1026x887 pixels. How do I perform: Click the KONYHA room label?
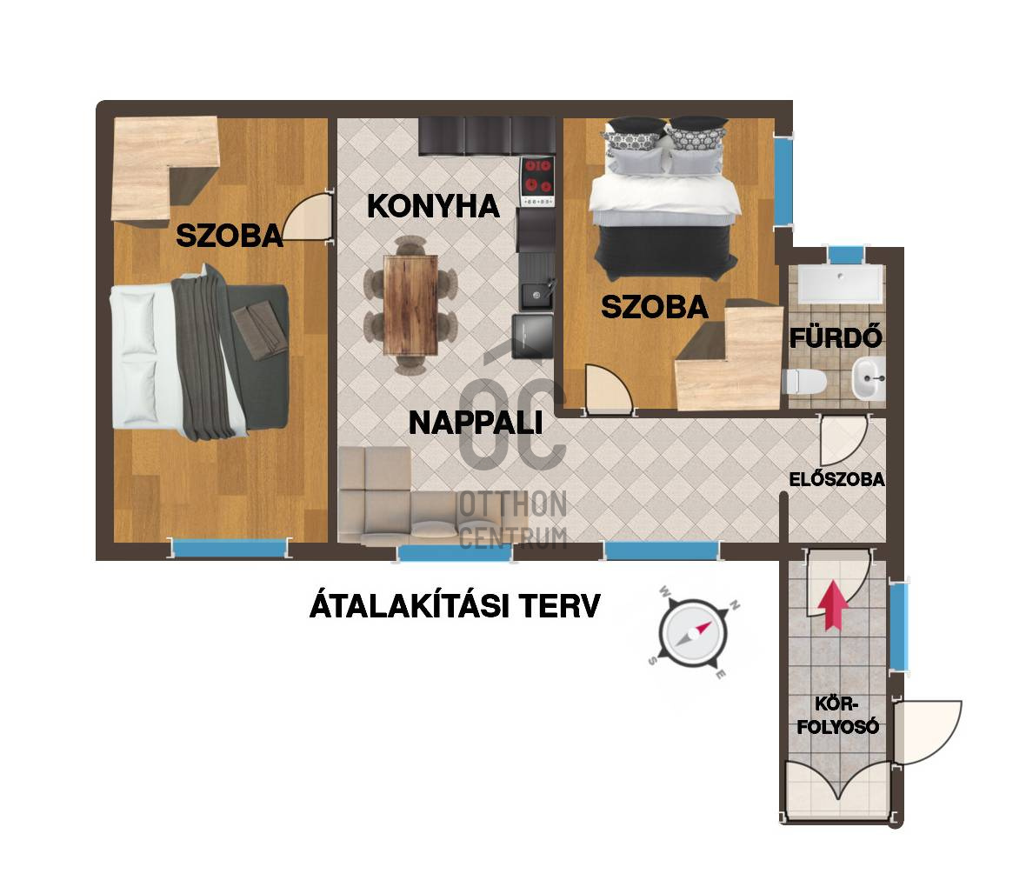click(433, 206)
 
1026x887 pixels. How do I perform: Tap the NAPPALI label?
click(475, 423)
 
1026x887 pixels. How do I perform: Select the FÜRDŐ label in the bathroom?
click(836, 337)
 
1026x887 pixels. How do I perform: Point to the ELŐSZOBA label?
click(836, 479)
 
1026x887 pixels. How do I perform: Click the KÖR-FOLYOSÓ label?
click(838, 714)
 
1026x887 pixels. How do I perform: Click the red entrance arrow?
click(834, 604)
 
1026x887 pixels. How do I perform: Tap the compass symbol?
click(692, 633)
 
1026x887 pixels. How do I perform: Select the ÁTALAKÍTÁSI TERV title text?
click(454, 606)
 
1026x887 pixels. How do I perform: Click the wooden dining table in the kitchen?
click(410, 304)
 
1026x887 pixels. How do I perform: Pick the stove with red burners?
click(537, 182)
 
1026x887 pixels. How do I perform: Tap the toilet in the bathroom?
click(802, 381)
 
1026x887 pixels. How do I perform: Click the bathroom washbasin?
click(868, 378)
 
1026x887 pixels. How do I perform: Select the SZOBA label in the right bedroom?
click(654, 307)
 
